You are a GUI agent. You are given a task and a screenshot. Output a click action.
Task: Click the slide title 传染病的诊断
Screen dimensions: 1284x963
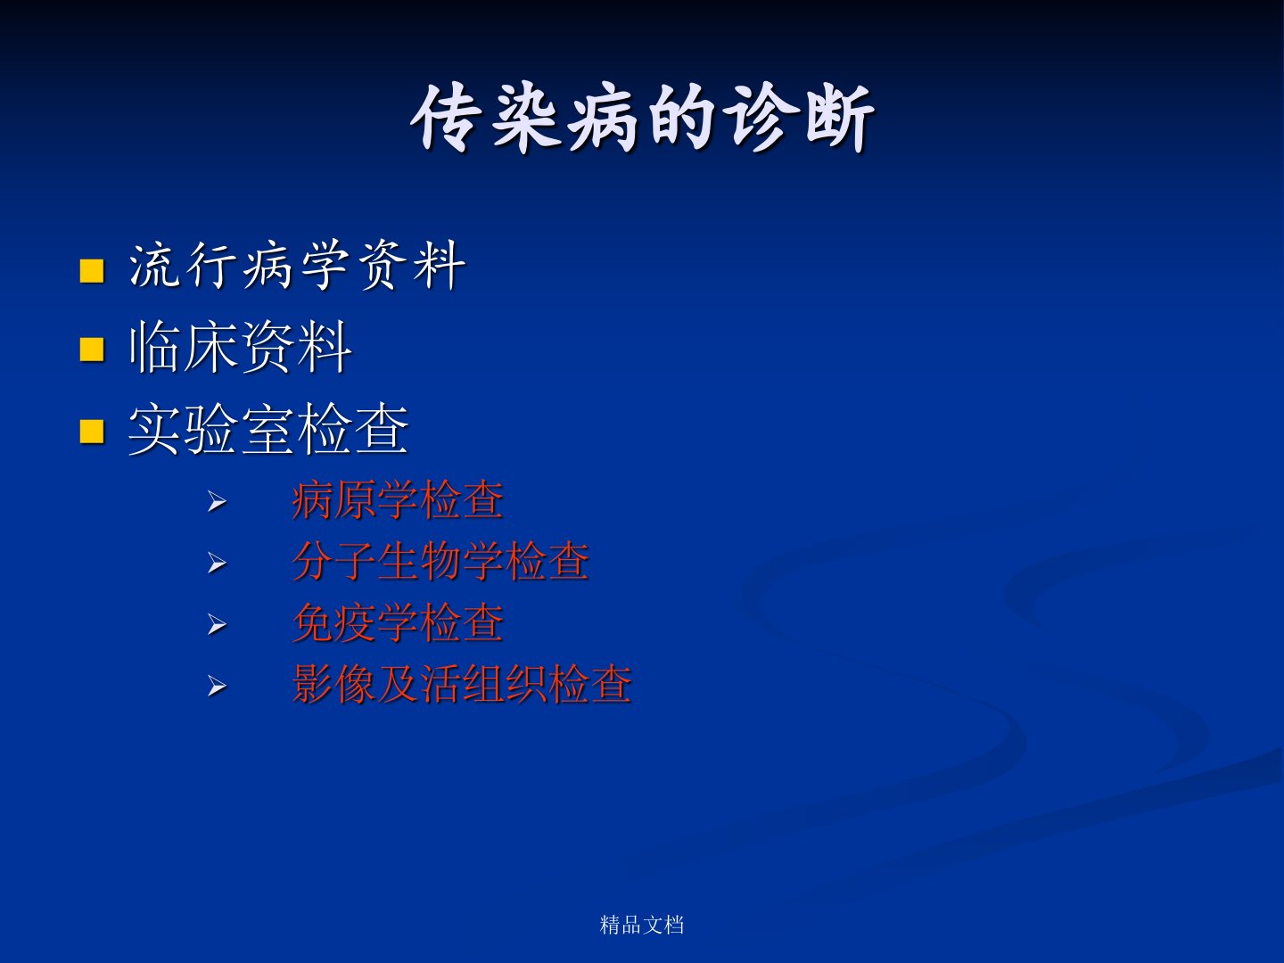pyautogui.click(x=642, y=118)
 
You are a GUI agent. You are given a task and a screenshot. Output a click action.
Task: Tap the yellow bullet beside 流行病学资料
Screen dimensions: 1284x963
pyautogui.click(x=92, y=271)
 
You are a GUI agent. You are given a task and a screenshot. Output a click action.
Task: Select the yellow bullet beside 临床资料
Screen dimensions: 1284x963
pyautogui.click(x=92, y=350)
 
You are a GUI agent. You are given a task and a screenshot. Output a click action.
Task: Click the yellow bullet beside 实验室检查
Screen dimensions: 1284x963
pyautogui.click(x=92, y=432)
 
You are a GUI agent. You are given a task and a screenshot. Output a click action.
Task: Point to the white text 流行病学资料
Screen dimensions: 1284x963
pyautogui.click(x=297, y=267)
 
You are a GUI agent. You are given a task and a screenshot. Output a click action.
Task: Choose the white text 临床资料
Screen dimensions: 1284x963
pyautogui.click(x=241, y=348)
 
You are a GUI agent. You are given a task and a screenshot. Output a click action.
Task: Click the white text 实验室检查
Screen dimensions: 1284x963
pyautogui.click(x=268, y=429)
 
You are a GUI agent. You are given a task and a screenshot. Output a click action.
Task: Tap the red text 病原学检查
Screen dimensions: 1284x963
pyautogui.click(x=398, y=500)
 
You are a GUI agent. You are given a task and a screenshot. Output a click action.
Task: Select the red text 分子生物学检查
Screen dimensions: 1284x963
pyautogui.click(x=440, y=562)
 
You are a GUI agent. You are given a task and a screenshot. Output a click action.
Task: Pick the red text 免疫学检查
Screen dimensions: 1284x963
pyautogui.click(x=398, y=623)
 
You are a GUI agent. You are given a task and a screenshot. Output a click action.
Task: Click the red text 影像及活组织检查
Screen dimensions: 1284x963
pyautogui.click(x=462, y=684)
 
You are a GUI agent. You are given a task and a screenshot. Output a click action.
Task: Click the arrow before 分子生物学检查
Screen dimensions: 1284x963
pyautogui.click(x=217, y=563)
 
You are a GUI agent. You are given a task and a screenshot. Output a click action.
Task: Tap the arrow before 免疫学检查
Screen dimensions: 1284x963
pyautogui.click(x=217, y=625)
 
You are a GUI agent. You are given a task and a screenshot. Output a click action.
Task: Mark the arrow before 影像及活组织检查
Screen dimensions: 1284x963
pyautogui.click(x=217, y=686)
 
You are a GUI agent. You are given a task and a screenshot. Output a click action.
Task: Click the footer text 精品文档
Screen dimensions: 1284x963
pyautogui.click(x=642, y=925)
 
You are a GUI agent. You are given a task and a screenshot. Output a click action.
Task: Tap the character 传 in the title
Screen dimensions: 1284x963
pyautogui.click(x=445, y=118)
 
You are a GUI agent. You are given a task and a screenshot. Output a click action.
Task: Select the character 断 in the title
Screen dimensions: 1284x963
pyautogui.click(x=840, y=118)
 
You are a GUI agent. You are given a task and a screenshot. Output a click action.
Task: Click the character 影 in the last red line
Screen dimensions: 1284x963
pyautogui.click(x=313, y=684)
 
